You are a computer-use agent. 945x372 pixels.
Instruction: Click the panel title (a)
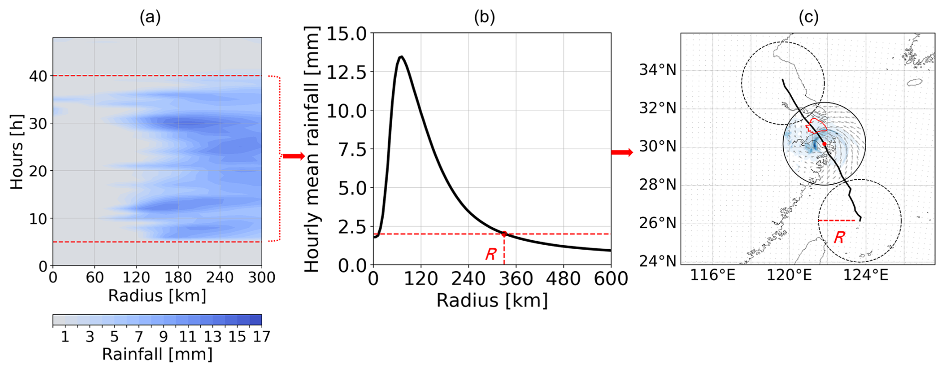[x=150, y=17]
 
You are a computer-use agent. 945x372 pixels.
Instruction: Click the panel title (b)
[x=484, y=17]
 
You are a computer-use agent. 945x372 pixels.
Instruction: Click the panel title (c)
[x=808, y=17]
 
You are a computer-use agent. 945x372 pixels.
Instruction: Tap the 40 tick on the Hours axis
[x=38, y=76]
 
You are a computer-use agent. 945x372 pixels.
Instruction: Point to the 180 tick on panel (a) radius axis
[x=178, y=277]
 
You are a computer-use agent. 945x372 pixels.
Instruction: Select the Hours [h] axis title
[x=17, y=151]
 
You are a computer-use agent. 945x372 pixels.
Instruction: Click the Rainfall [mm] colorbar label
[x=157, y=354]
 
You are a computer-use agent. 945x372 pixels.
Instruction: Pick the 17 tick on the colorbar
[x=261, y=337]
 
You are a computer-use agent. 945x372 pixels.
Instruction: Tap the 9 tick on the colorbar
[x=163, y=337]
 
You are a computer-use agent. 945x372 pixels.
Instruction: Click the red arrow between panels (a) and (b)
[x=294, y=156]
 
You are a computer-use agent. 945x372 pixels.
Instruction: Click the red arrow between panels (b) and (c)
[x=622, y=152]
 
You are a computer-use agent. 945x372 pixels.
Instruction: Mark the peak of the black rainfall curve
[x=401, y=56]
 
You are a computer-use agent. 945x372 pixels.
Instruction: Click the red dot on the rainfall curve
[x=504, y=234]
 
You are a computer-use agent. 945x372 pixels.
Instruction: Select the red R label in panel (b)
[x=490, y=254]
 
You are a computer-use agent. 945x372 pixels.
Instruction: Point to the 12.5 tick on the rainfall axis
[x=346, y=72]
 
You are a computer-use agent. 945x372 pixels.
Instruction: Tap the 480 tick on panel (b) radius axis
[x=563, y=278]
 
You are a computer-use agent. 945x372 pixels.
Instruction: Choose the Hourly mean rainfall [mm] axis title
[x=312, y=149]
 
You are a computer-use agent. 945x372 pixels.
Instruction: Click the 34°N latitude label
[x=657, y=69]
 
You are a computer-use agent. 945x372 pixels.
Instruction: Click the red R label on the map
[x=839, y=237]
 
